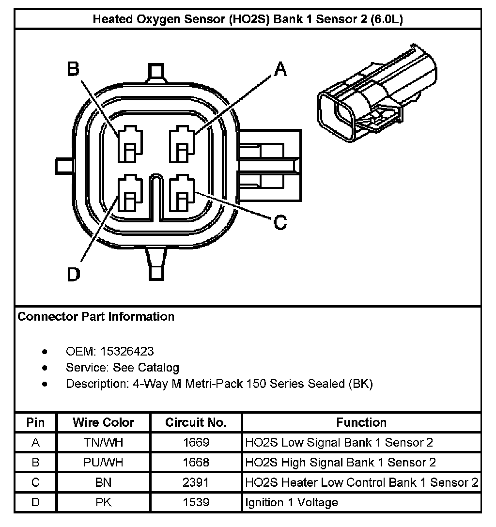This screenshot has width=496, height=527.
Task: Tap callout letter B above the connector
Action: coord(73,69)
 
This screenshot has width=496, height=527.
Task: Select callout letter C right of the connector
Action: coord(280,223)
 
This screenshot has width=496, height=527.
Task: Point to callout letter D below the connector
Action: coord(73,275)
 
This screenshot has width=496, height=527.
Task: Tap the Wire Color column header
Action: coord(104,422)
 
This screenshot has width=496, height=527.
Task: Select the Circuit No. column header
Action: coord(196,422)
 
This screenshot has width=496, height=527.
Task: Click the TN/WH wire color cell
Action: coord(104,442)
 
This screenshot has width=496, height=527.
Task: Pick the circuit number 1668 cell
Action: coord(196,463)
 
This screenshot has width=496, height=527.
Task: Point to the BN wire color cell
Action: coord(104,482)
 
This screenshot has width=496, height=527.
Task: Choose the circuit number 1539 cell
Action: coord(196,502)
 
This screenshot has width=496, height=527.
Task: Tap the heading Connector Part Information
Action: coord(96,317)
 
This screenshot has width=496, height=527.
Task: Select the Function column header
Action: coord(361,422)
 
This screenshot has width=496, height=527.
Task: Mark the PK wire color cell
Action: coord(104,502)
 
